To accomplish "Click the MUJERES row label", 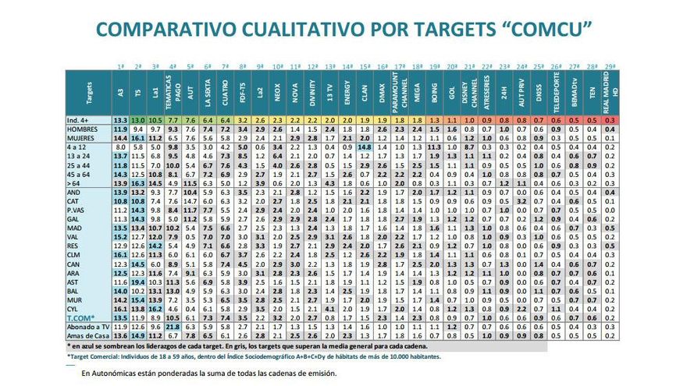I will tap(87, 136).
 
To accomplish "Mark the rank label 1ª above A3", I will tap(120, 67).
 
